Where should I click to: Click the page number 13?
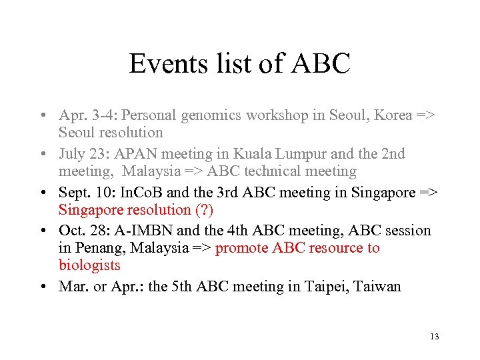(x=435, y=336)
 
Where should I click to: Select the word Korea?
(x=393, y=115)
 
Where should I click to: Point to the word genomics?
(x=210, y=115)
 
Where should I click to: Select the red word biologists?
(x=89, y=265)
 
